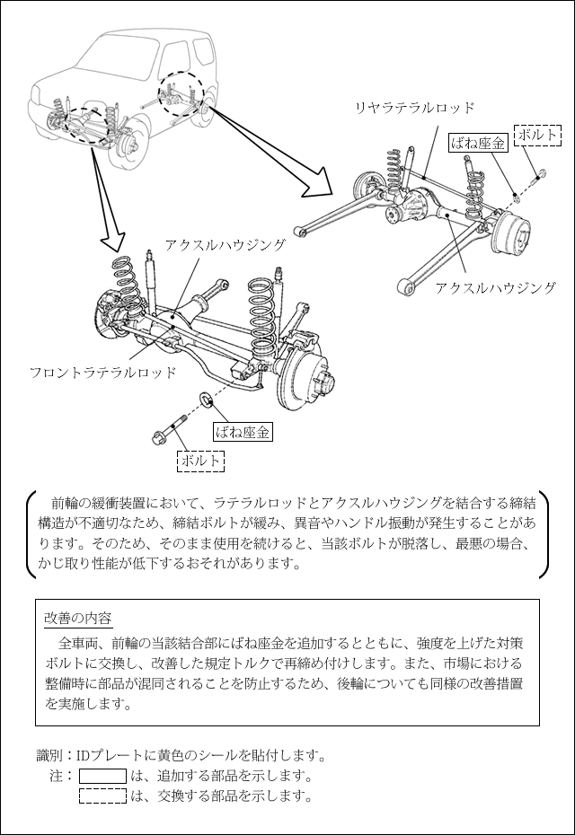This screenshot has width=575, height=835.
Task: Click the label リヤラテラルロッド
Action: click(414, 109)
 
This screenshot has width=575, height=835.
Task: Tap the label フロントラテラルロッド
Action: click(102, 372)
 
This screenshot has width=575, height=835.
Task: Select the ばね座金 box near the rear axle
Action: click(478, 143)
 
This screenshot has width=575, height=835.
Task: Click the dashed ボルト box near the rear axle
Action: click(537, 135)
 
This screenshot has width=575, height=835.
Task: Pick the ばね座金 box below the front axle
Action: click(243, 432)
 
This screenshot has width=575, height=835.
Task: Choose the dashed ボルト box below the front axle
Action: click(200, 460)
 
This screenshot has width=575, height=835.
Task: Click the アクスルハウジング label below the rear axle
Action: click(495, 288)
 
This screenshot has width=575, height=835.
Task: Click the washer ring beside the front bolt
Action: click(204, 397)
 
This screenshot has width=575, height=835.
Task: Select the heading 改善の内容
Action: click(78, 619)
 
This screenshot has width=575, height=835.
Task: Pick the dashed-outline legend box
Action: click(102, 795)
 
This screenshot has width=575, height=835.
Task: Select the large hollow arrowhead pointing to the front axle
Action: click(114, 238)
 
